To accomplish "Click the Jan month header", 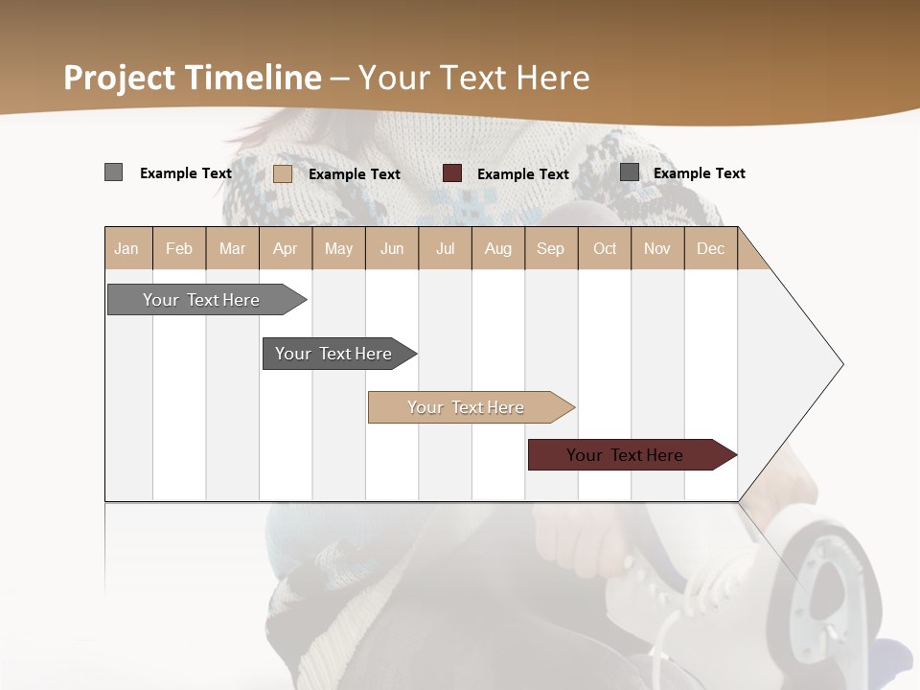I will pos(127,248).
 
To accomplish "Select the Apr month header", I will pos(286,248).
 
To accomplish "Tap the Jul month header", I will pos(446,248).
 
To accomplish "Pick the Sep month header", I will pos(551,248).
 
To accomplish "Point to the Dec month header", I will pos(711,248).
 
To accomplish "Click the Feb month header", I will pos(179,248).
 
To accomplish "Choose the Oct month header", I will pos(605,248).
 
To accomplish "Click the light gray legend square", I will pos(114,172).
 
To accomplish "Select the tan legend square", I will pos(283,173).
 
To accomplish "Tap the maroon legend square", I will pos(452,173).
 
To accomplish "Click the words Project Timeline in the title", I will pos(193,78).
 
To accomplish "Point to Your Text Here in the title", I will pos(473,78).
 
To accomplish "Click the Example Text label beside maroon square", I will pos(523,174).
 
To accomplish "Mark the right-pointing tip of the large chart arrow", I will pos(841,364).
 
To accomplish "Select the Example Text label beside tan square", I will pos(355,174).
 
